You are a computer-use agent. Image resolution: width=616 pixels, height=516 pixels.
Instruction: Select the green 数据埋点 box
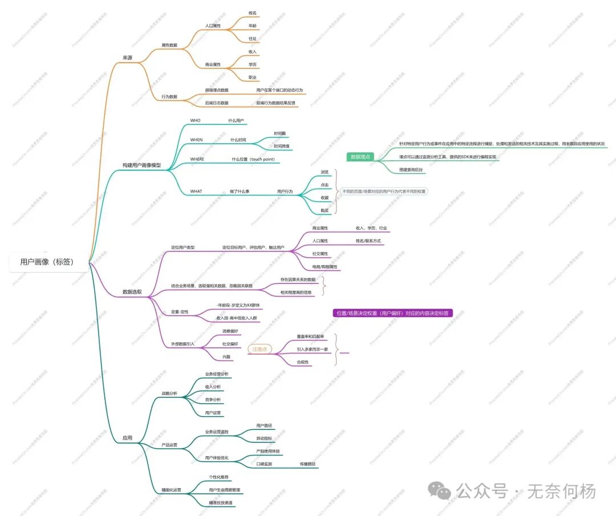click(x=360, y=157)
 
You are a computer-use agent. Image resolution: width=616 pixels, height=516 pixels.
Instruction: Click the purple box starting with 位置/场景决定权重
click(x=392, y=313)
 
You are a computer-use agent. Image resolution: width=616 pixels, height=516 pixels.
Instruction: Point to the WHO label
click(x=195, y=121)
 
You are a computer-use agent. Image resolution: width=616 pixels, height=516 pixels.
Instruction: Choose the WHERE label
click(x=197, y=159)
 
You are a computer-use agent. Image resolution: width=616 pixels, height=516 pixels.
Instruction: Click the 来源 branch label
click(x=127, y=58)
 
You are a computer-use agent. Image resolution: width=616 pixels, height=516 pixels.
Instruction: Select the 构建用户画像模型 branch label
click(x=141, y=165)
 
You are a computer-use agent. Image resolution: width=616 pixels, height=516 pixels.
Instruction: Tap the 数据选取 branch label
click(x=132, y=292)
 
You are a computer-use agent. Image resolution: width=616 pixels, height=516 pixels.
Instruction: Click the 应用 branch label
click(x=127, y=438)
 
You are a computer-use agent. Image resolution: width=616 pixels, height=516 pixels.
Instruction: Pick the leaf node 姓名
click(x=253, y=13)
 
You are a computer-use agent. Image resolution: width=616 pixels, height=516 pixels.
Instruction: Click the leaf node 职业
click(x=253, y=77)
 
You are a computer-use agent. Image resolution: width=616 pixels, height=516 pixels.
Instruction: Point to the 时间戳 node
click(x=279, y=133)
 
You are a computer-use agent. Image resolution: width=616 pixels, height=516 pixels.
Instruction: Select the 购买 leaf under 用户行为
click(x=325, y=210)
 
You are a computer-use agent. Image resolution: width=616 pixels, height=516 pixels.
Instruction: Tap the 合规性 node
click(x=303, y=362)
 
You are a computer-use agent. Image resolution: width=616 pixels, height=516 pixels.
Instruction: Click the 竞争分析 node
click(x=213, y=400)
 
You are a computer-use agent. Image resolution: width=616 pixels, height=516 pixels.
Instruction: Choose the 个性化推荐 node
click(x=220, y=477)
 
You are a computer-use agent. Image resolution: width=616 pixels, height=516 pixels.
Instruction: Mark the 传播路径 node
click(x=308, y=464)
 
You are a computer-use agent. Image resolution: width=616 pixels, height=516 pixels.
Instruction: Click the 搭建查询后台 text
click(x=411, y=170)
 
